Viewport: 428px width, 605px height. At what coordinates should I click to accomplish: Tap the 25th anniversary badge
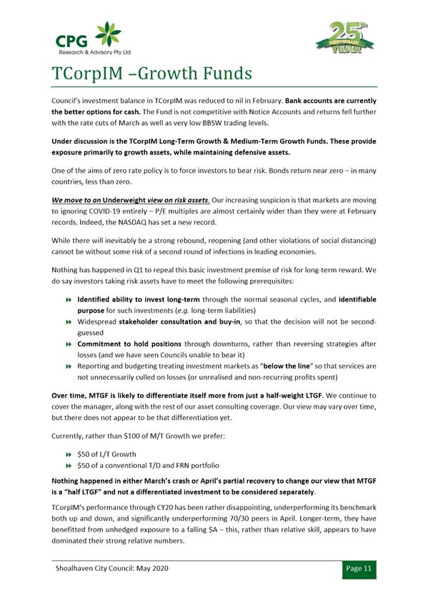pos(346,37)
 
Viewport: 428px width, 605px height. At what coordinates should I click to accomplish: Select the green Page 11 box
pos(357,569)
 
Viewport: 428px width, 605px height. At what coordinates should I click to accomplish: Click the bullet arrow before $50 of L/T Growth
pos(69,454)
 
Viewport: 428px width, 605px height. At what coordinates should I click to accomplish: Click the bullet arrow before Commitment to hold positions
pos(69,344)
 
